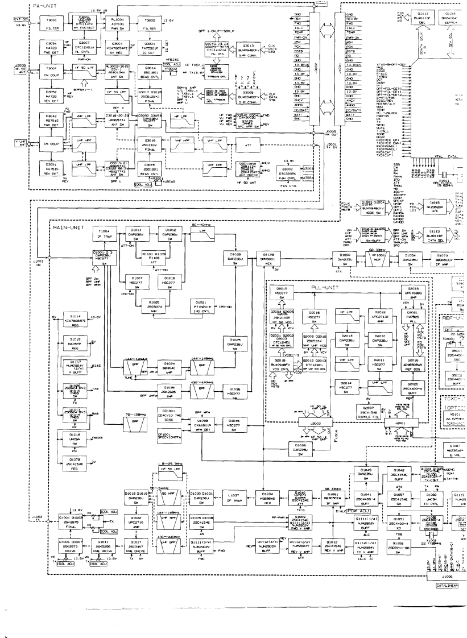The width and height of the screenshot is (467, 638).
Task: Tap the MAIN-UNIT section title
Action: [69, 227]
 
